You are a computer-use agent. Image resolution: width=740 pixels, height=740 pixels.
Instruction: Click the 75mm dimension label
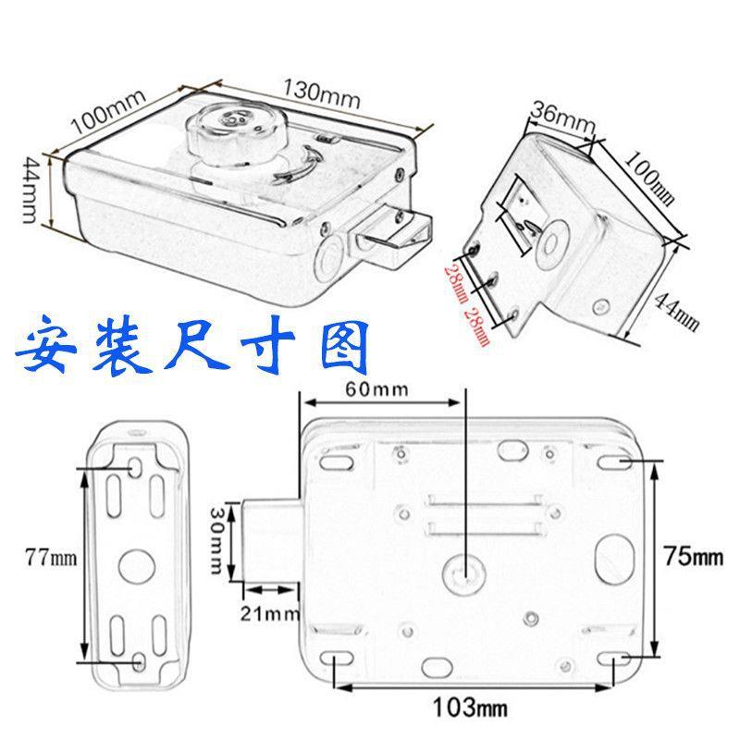tap(693, 557)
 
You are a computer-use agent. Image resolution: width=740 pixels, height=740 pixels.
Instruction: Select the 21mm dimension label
tap(268, 611)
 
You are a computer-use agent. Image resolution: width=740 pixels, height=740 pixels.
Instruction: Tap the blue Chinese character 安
tap(52, 346)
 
